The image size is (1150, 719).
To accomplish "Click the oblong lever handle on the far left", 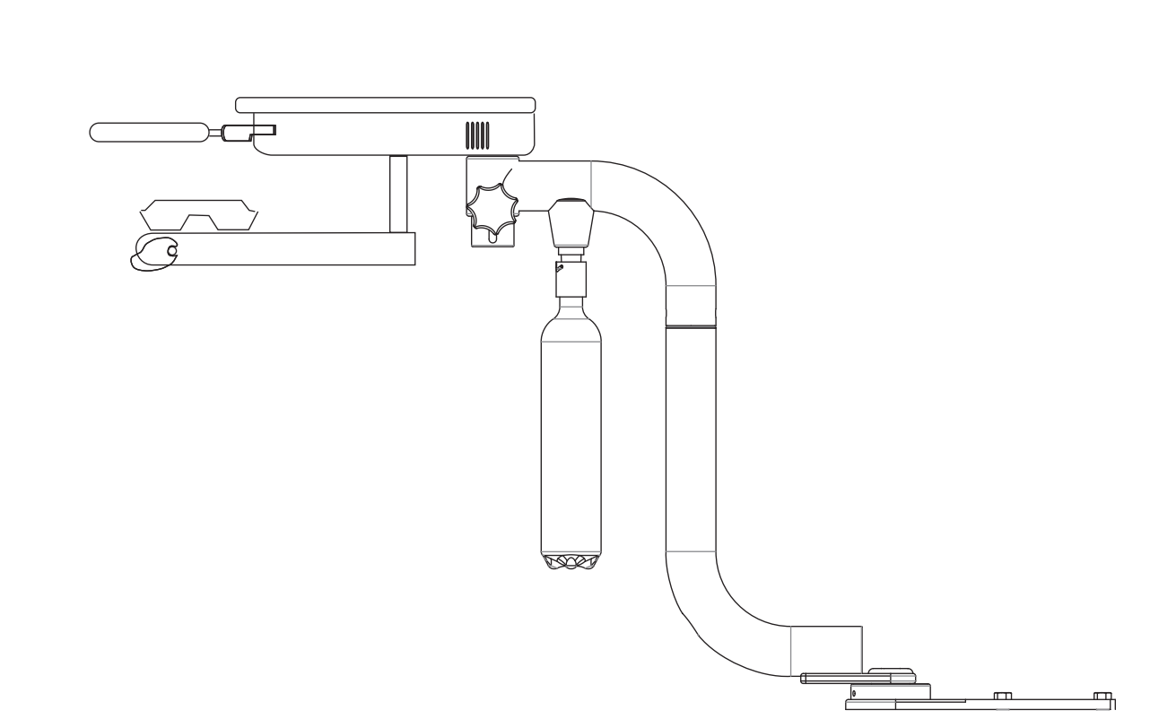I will pos(148,132).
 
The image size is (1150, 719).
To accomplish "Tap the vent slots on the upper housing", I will pos(477,135).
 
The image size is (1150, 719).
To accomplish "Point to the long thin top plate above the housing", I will pos(385,105).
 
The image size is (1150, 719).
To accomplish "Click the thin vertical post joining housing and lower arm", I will pos(397,194).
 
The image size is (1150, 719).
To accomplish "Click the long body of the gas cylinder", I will pos(571,430).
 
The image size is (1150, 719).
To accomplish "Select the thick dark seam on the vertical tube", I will pos(691,327).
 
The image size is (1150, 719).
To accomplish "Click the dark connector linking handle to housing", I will pos(237,133).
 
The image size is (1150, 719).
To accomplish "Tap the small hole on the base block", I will pos(854,693).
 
